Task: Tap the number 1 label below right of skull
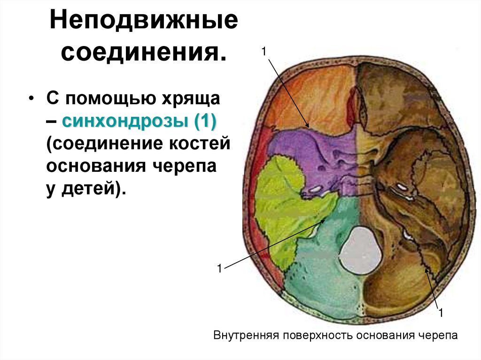coord(441,312)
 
